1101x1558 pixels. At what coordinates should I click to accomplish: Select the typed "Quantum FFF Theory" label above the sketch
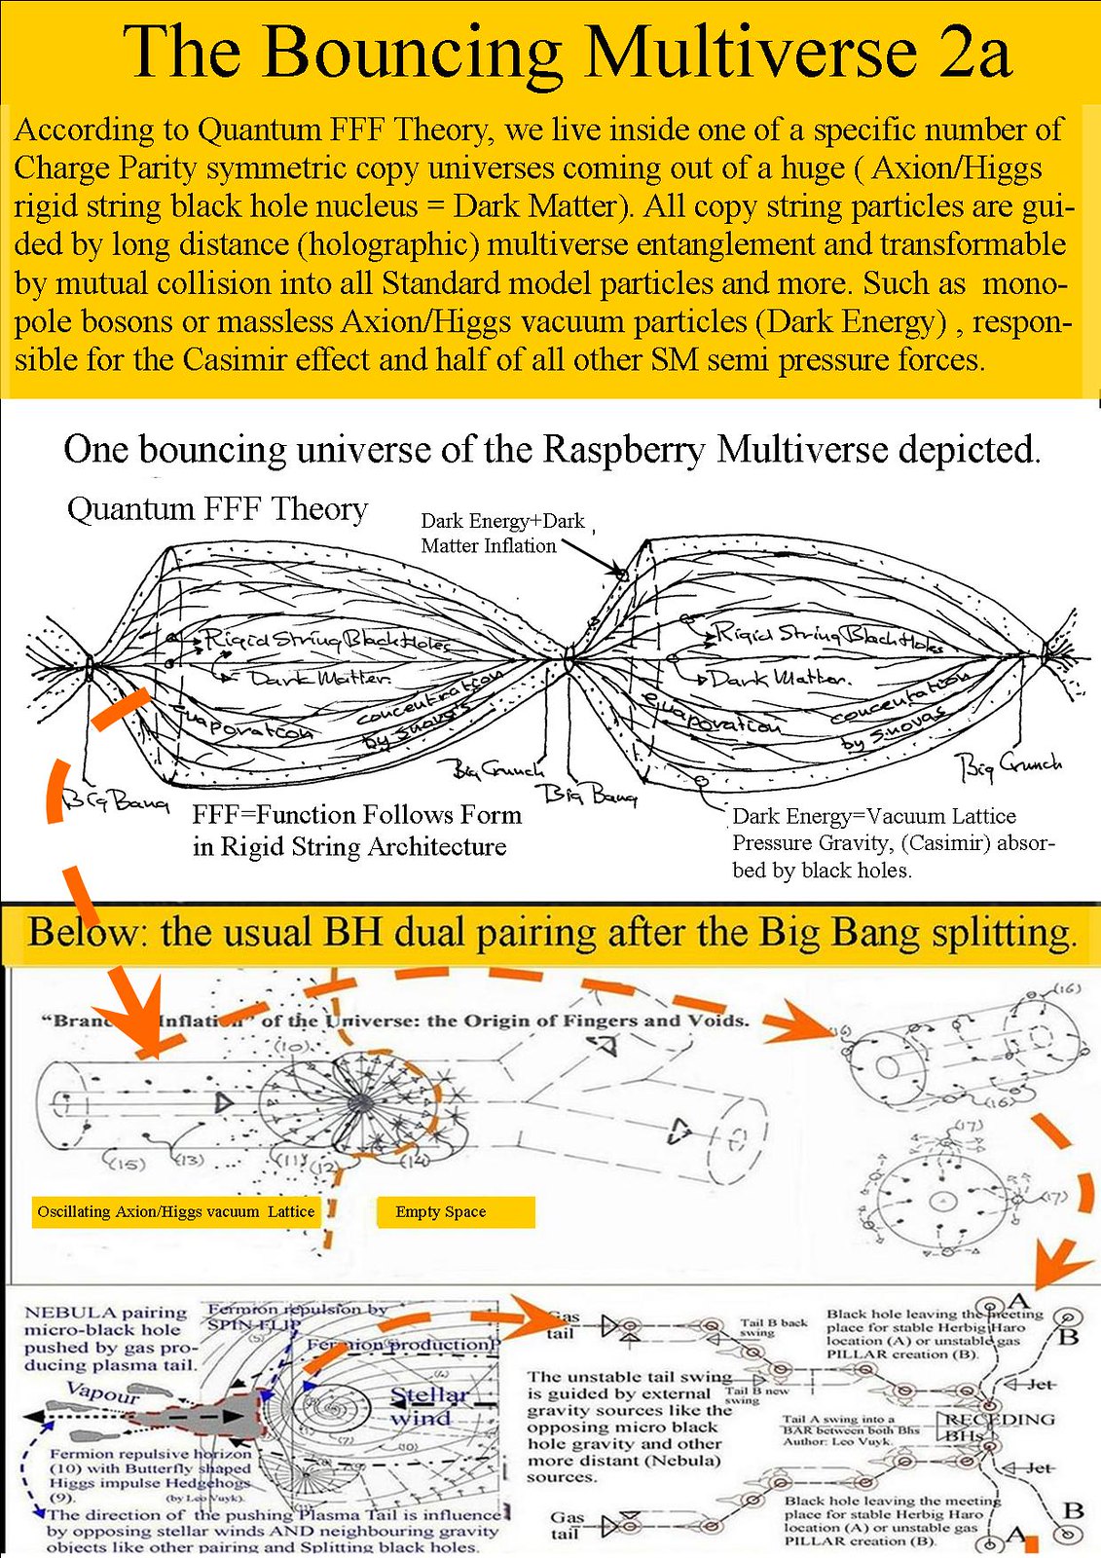[x=217, y=508]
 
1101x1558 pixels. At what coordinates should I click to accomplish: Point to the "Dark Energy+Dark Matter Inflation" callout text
[x=501, y=533]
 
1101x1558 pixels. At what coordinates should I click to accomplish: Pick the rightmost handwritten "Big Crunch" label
[x=1011, y=766]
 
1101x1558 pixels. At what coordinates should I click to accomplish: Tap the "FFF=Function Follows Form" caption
[x=356, y=814]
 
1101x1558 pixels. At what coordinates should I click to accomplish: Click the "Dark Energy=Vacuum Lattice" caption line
[x=873, y=816]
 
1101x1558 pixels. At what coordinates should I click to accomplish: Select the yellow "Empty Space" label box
[x=455, y=1211]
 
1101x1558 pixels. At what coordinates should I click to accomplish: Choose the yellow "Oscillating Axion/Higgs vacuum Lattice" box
[x=175, y=1211]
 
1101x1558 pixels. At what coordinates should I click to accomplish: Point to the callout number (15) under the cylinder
[x=124, y=1163]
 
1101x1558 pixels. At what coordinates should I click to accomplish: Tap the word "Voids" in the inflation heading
[x=721, y=1020]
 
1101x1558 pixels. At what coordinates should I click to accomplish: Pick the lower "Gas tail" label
[x=567, y=1524]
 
